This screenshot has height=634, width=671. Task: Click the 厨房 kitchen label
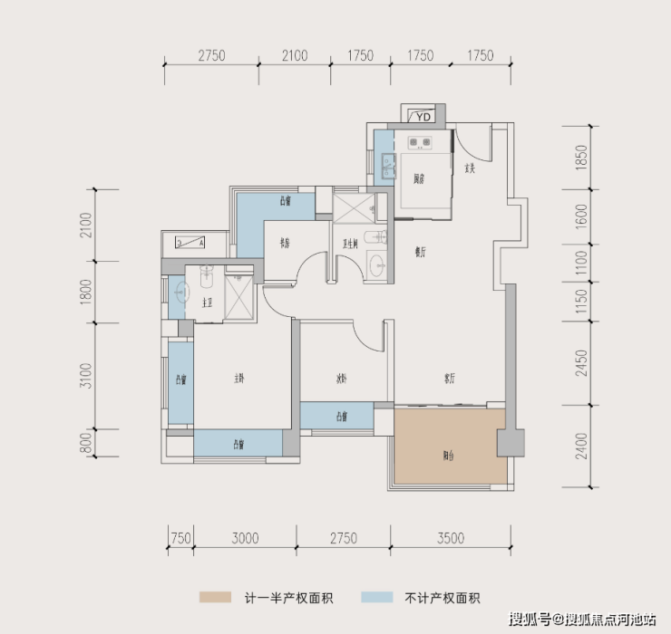(x=418, y=179)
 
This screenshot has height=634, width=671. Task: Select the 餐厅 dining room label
(x=421, y=254)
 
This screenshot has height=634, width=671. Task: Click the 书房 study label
(x=284, y=243)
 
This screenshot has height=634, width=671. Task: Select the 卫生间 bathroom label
(x=349, y=243)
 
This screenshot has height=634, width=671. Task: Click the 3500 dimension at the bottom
(x=450, y=538)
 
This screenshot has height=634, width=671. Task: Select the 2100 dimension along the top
(x=294, y=56)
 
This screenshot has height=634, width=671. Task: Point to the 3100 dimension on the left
(x=86, y=375)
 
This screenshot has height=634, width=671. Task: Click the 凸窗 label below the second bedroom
(x=341, y=418)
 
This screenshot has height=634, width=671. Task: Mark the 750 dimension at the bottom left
(x=181, y=538)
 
